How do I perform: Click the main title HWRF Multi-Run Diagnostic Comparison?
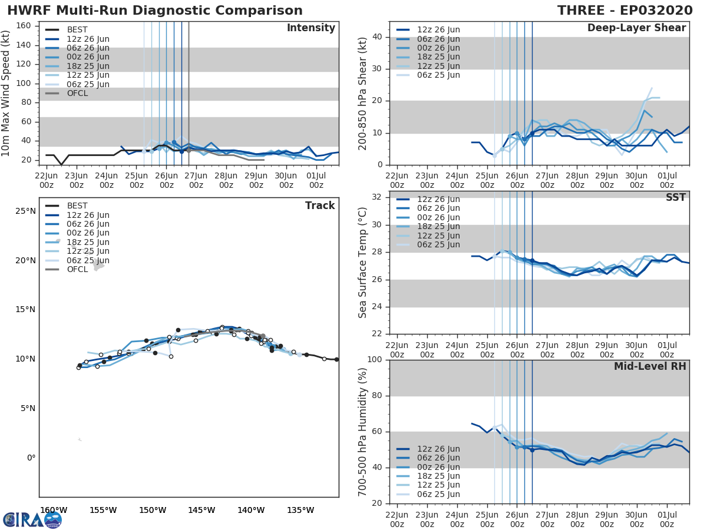[x=155, y=11]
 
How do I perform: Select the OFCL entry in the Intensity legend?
[x=77, y=93]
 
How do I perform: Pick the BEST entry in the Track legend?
[x=77, y=206]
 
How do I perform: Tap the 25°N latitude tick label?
[x=25, y=211]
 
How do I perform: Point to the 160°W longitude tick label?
[x=54, y=510]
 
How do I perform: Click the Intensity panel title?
[x=310, y=28]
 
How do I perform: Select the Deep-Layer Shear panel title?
[x=636, y=28]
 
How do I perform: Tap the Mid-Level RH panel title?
[x=649, y=366]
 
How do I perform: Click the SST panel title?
[x=675, y=197]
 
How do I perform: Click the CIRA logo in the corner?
[x=32, y=519]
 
